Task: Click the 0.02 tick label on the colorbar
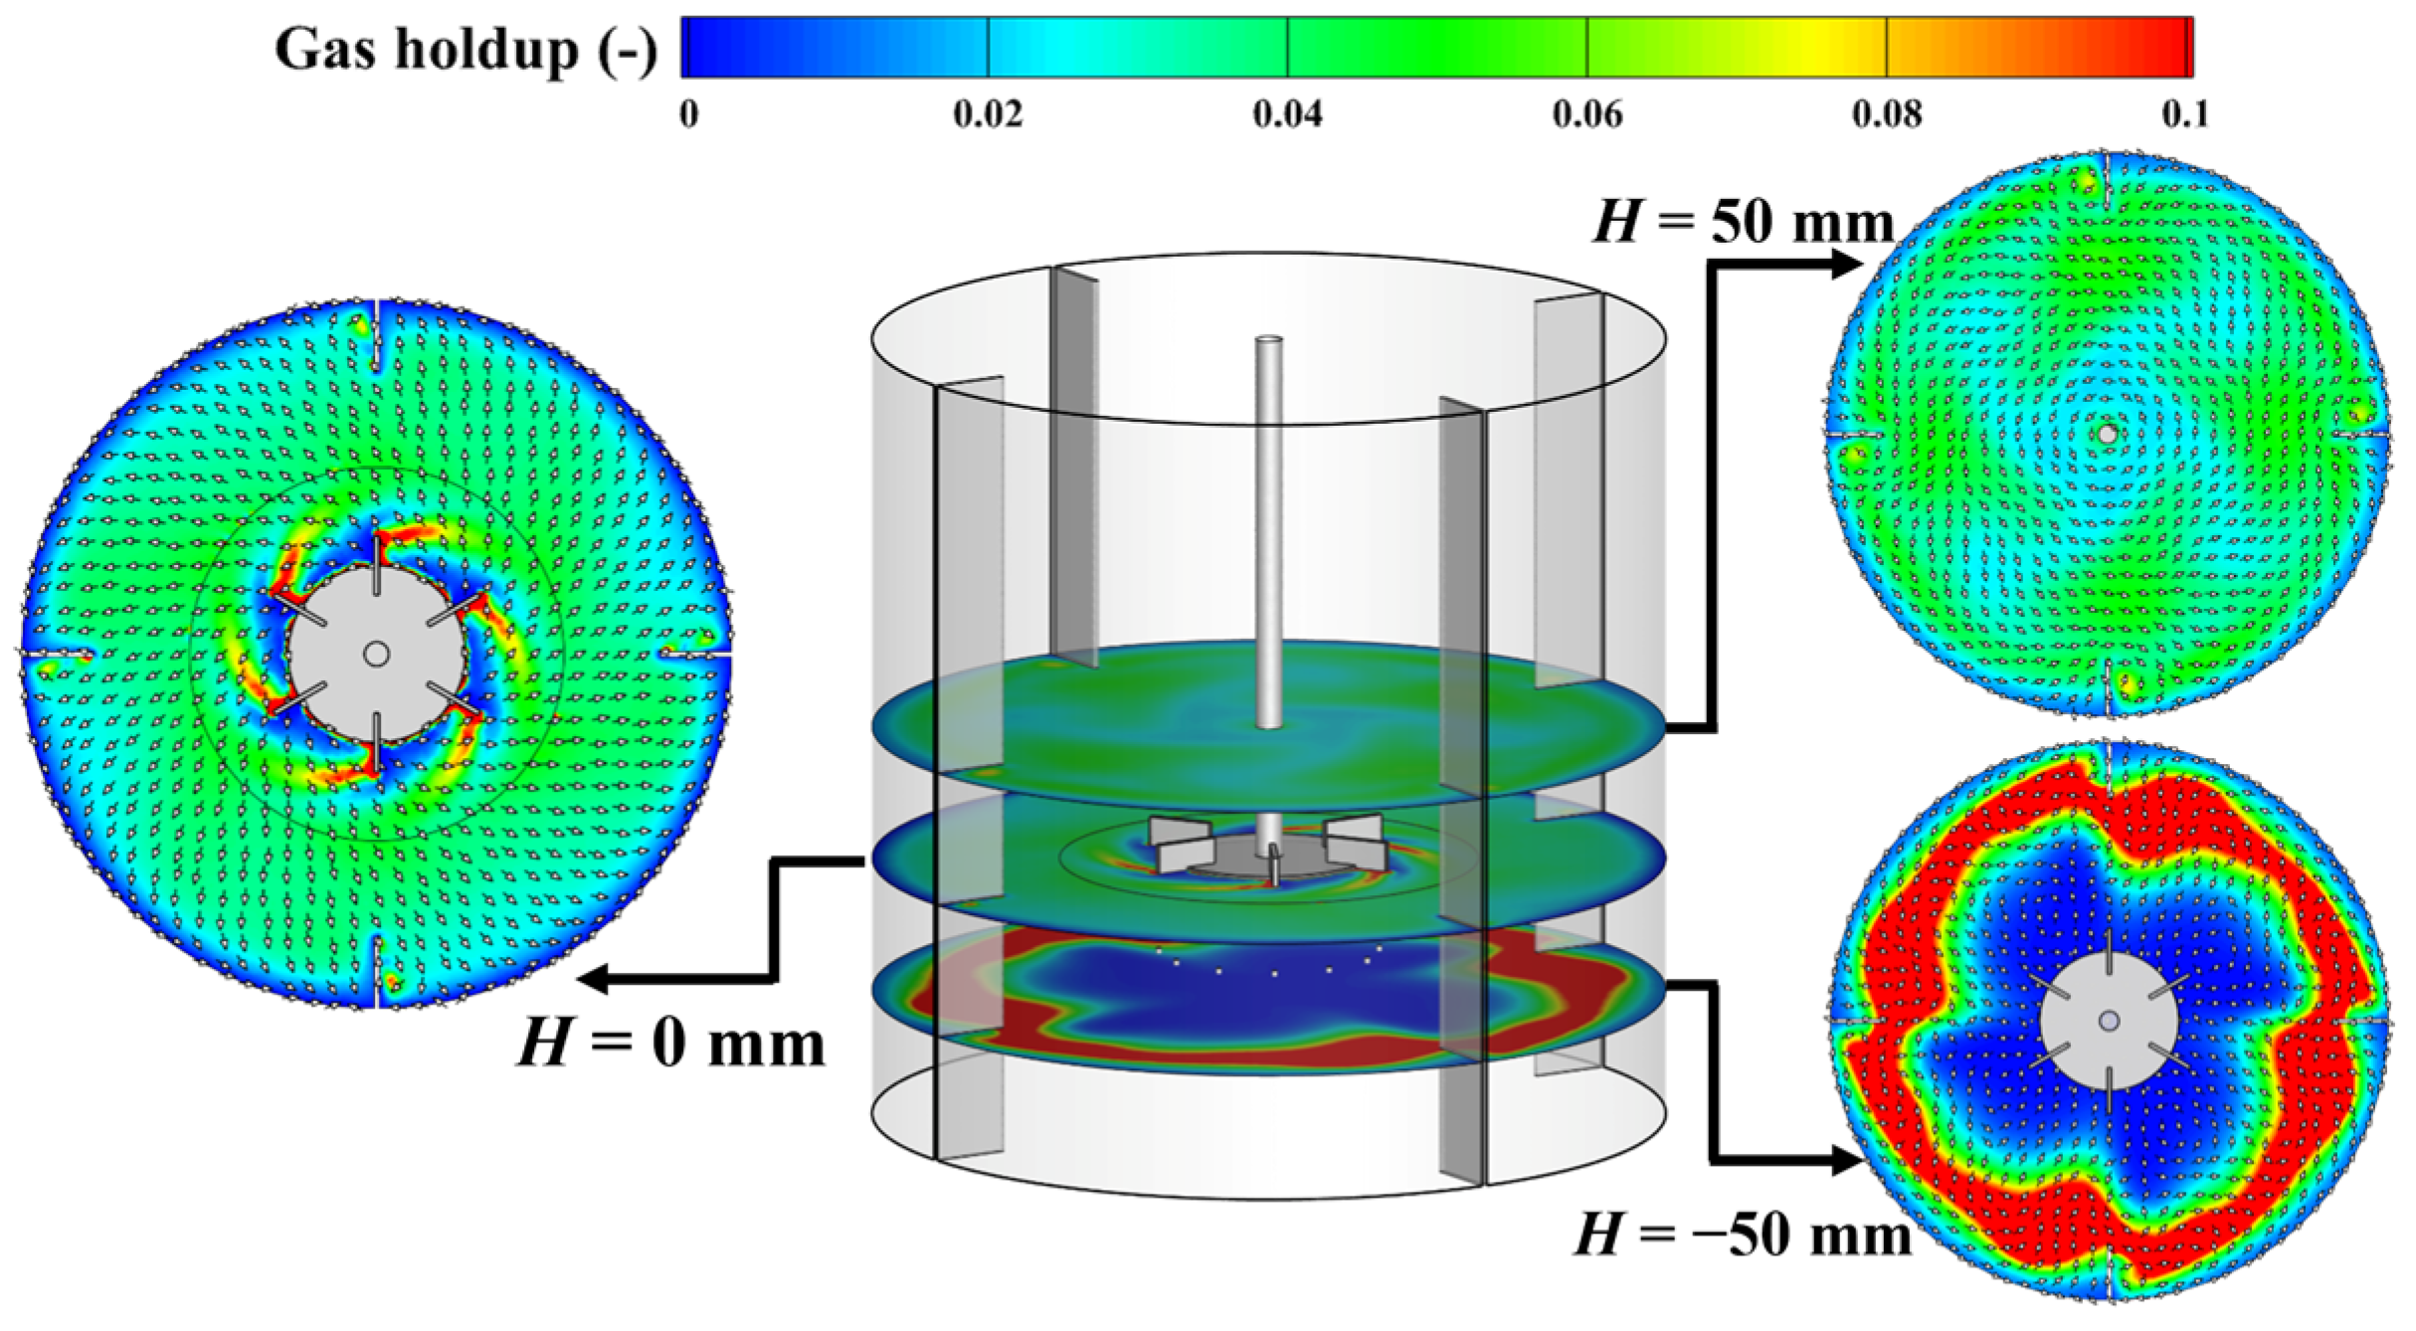pyautogui.click(x=987, y=114)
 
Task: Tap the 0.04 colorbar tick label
pyautogui.click(x=1287, y=114)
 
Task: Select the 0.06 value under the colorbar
pyautogui.click(x=1586, y=114)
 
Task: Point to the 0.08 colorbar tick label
pyautogui.click(x=1886, y=114)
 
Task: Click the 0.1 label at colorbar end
pyautogui.click(x=2185, y=114)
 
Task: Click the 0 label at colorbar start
pyautogui.click(x=688, y=114)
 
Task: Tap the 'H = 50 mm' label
pyautogui.click(x=1744, y=221)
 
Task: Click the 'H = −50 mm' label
pyautogui.click(x=1743, y=1236)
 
